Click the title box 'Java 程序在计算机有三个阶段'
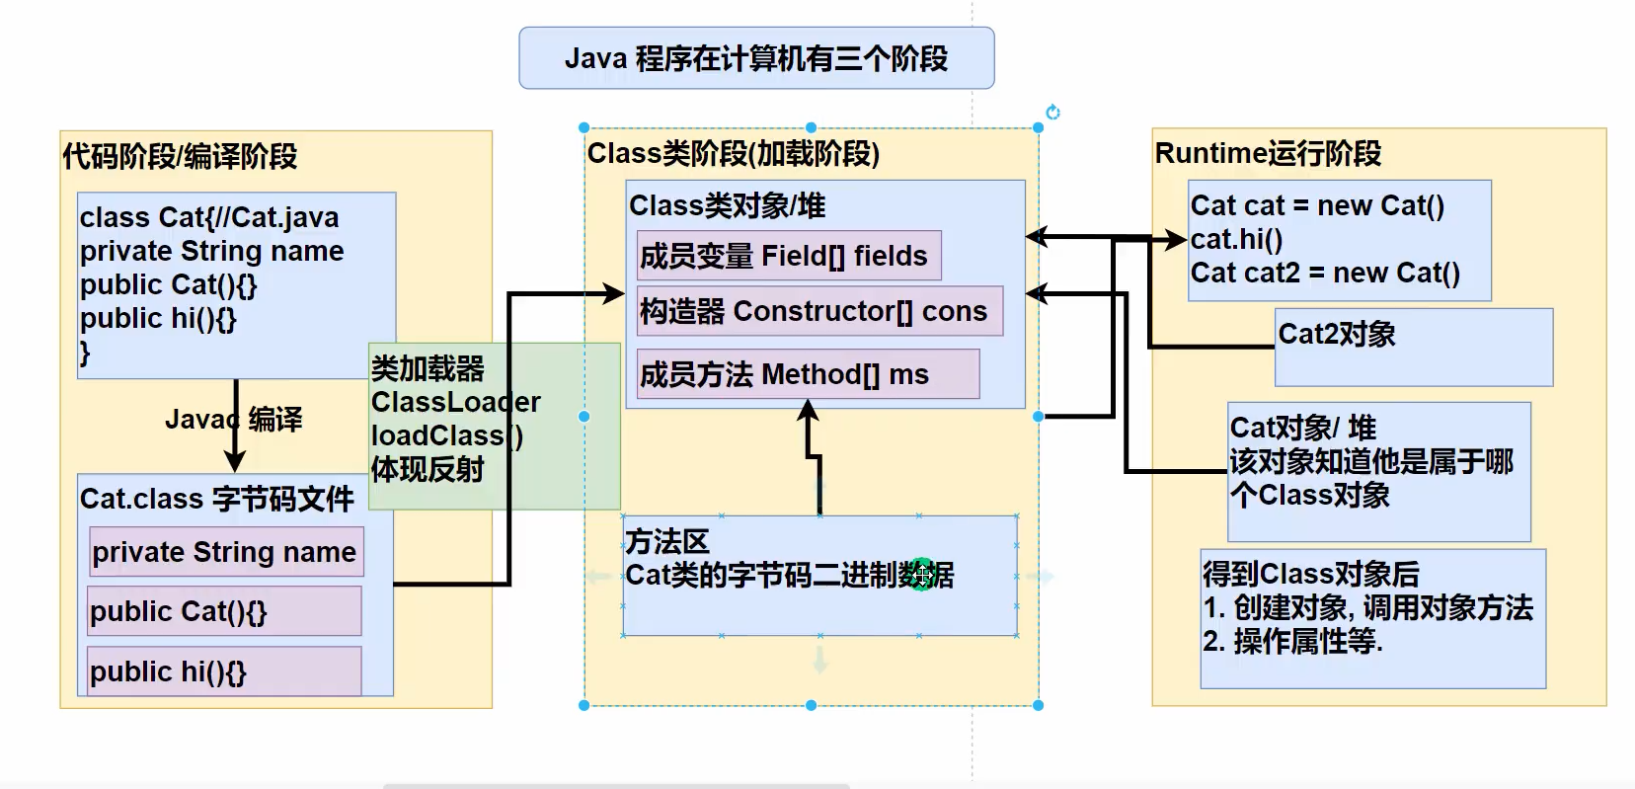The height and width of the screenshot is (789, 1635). (756, 58)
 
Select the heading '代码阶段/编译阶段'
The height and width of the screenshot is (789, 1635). (180, 156)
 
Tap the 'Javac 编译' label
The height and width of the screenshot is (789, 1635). (234, 420)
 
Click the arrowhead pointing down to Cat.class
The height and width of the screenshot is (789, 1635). (235, 461)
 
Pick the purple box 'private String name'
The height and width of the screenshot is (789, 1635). (225, 552)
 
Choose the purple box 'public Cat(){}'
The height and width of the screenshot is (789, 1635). (224, 611)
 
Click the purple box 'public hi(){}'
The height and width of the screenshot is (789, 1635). (224, 671)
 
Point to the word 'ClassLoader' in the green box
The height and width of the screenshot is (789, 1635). (455, 402)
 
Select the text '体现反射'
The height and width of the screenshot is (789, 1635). (428, 469)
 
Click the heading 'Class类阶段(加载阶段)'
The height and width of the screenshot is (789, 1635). (733, 154)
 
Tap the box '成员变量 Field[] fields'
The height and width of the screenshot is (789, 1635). (788, 256)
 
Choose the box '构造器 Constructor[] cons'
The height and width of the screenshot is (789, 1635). (818, 311)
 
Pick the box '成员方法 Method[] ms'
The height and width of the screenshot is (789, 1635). (808, 374)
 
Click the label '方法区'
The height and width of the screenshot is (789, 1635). (667, 541)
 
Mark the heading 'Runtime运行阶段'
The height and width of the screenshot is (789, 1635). (1268, 154)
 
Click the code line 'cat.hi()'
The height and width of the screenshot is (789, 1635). (1236, 239)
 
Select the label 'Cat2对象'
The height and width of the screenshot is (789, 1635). (1337, 334)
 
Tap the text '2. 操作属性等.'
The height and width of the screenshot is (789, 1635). (1292, 642)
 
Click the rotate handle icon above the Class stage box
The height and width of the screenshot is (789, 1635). (1052, 113)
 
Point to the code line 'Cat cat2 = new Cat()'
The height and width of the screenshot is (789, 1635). (1325, 273)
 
